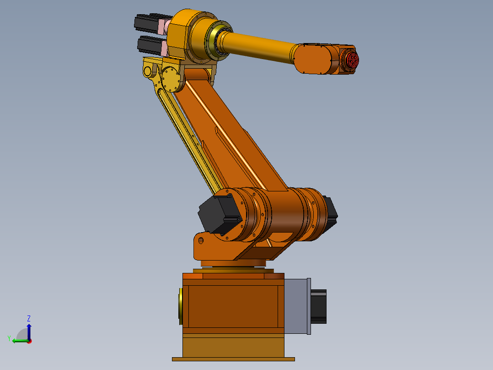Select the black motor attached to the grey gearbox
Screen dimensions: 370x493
click(x=319, y=306)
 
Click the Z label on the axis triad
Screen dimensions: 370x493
click(x=29, y=318)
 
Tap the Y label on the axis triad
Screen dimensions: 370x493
click(x=9, y=338)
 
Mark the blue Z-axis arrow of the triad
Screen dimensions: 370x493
click(x=29, y=331)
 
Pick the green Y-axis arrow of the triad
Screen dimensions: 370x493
click(x=19, y=341)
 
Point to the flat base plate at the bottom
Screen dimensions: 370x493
click(x=233, y=359)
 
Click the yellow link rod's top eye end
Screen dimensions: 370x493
click(x=148, y=71)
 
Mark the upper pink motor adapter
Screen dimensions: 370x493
click(x=162, y=26)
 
